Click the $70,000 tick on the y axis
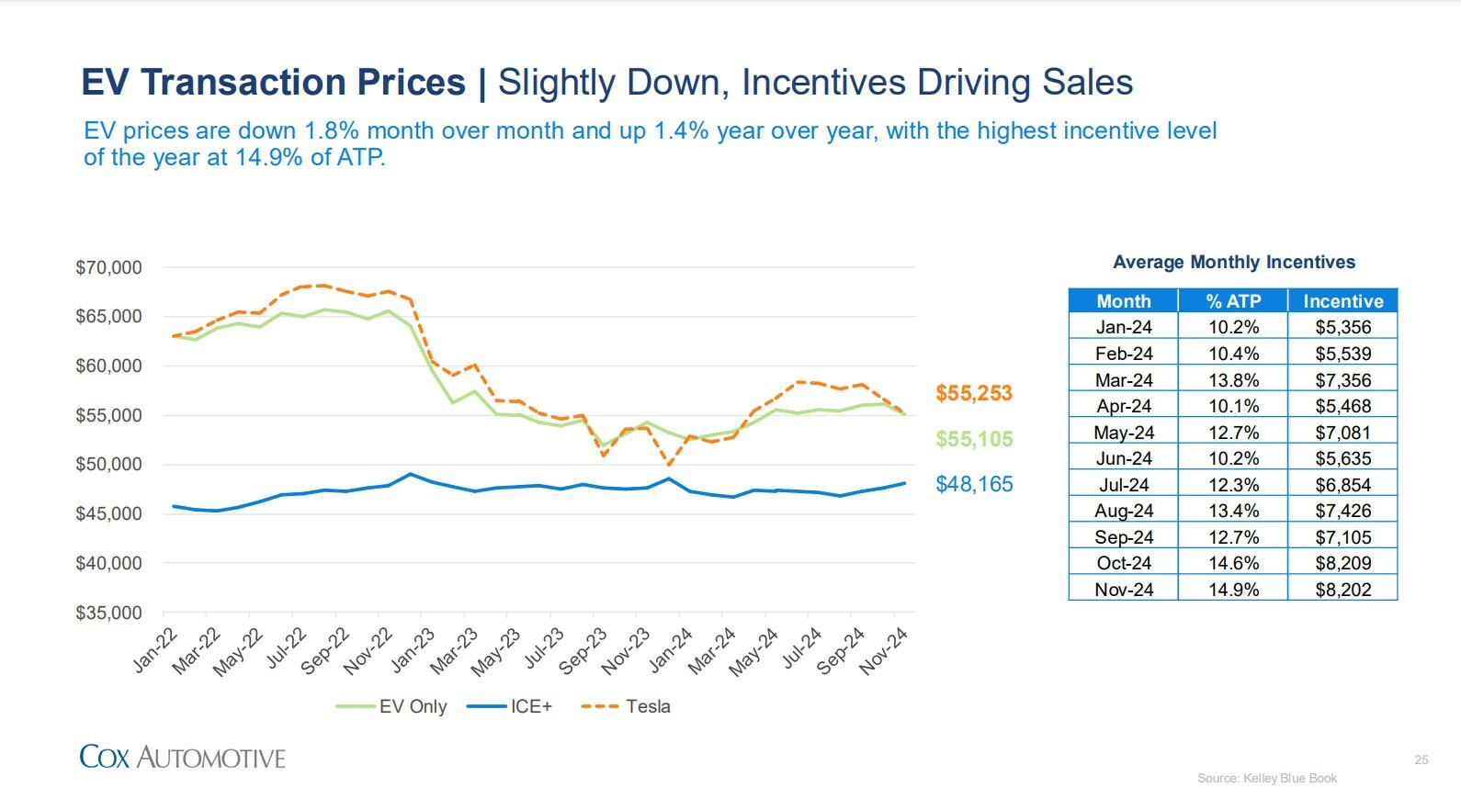[x=108, y=268]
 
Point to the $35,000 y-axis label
[x=108, y=613]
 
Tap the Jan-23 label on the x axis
[x=413, y=651]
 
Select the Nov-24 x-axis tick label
[x=884, y=651]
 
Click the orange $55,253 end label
[x=973, y=393]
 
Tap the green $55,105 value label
[x=973, y=439]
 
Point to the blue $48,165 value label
[x=973, y=484]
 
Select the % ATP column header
[x=1232, y=301]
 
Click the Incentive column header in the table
[x=1342, y=301]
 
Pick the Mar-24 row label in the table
[x=1123, y=380]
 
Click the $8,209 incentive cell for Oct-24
[x=1342, y=563]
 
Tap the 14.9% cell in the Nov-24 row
[x=1232, y=590]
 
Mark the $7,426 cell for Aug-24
[x=1342, y=511]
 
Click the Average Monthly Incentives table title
[x=1233, y=262]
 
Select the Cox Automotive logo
[x=182, y=757]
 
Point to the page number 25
[x=1421, y=760]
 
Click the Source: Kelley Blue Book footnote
[x=1266, y=778]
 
